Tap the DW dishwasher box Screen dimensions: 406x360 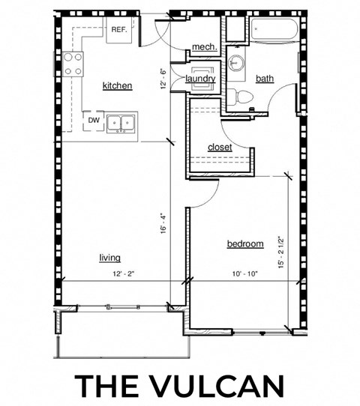click(94, 120)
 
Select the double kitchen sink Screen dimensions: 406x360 click(120, 122)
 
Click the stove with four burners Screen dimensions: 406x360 click(73, 64)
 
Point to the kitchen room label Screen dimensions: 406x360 click(117, 86)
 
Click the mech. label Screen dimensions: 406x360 click(204, 47)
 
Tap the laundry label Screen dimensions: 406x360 click(201, 79)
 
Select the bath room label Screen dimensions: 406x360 click(265, 79)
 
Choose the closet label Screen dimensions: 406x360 click(220, 148)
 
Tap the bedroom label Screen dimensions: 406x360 click(244, 244)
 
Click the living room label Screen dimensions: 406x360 click(109, 258)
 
